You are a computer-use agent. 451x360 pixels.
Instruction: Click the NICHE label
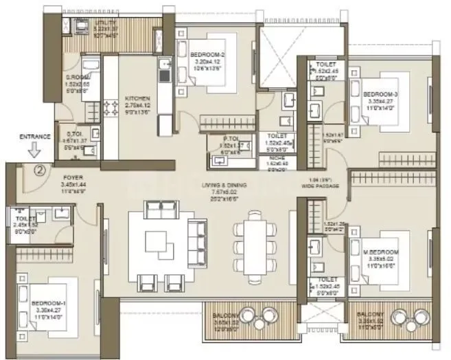point(277,158)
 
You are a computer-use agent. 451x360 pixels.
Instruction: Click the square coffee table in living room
point(159,243)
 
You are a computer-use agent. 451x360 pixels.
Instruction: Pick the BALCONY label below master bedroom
point(375,315)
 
